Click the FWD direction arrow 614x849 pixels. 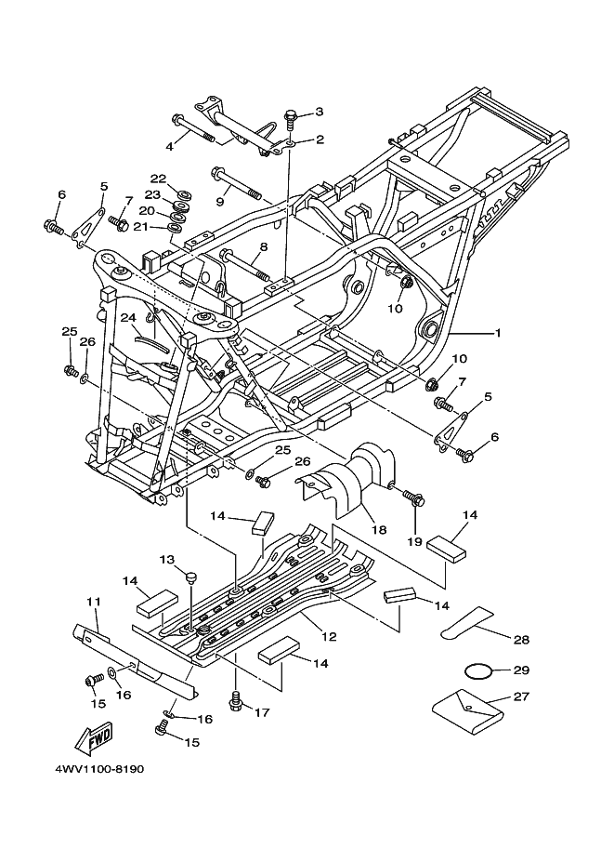[95, 738]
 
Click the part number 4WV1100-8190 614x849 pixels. [99, 769]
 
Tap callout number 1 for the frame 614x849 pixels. [498, 333]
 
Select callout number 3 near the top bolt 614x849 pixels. [320, 113]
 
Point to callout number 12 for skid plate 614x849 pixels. [329, 637]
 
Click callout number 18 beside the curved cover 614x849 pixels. [379, 529]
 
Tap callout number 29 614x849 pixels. [521, 670]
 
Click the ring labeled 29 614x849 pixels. [478, 670]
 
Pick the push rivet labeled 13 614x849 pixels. [190, 577]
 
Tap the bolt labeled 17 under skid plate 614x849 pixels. [236, 700]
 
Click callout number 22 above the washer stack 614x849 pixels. [158, 179]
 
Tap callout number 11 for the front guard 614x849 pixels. [93, 602]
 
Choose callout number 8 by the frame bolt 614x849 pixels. [264, 247]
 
